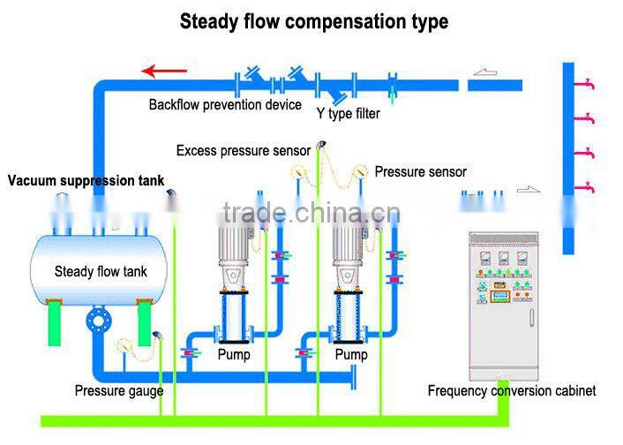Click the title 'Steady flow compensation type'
[313, 21]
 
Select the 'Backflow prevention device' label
[225, 105]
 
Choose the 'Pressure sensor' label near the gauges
[420, 171]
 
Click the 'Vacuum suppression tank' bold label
[86, 181]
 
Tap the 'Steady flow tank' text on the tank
[99, 272]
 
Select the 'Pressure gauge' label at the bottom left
[118, 390]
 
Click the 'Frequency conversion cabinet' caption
[511, 390]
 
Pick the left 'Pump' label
[234, 355]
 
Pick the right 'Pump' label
[351, 355]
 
